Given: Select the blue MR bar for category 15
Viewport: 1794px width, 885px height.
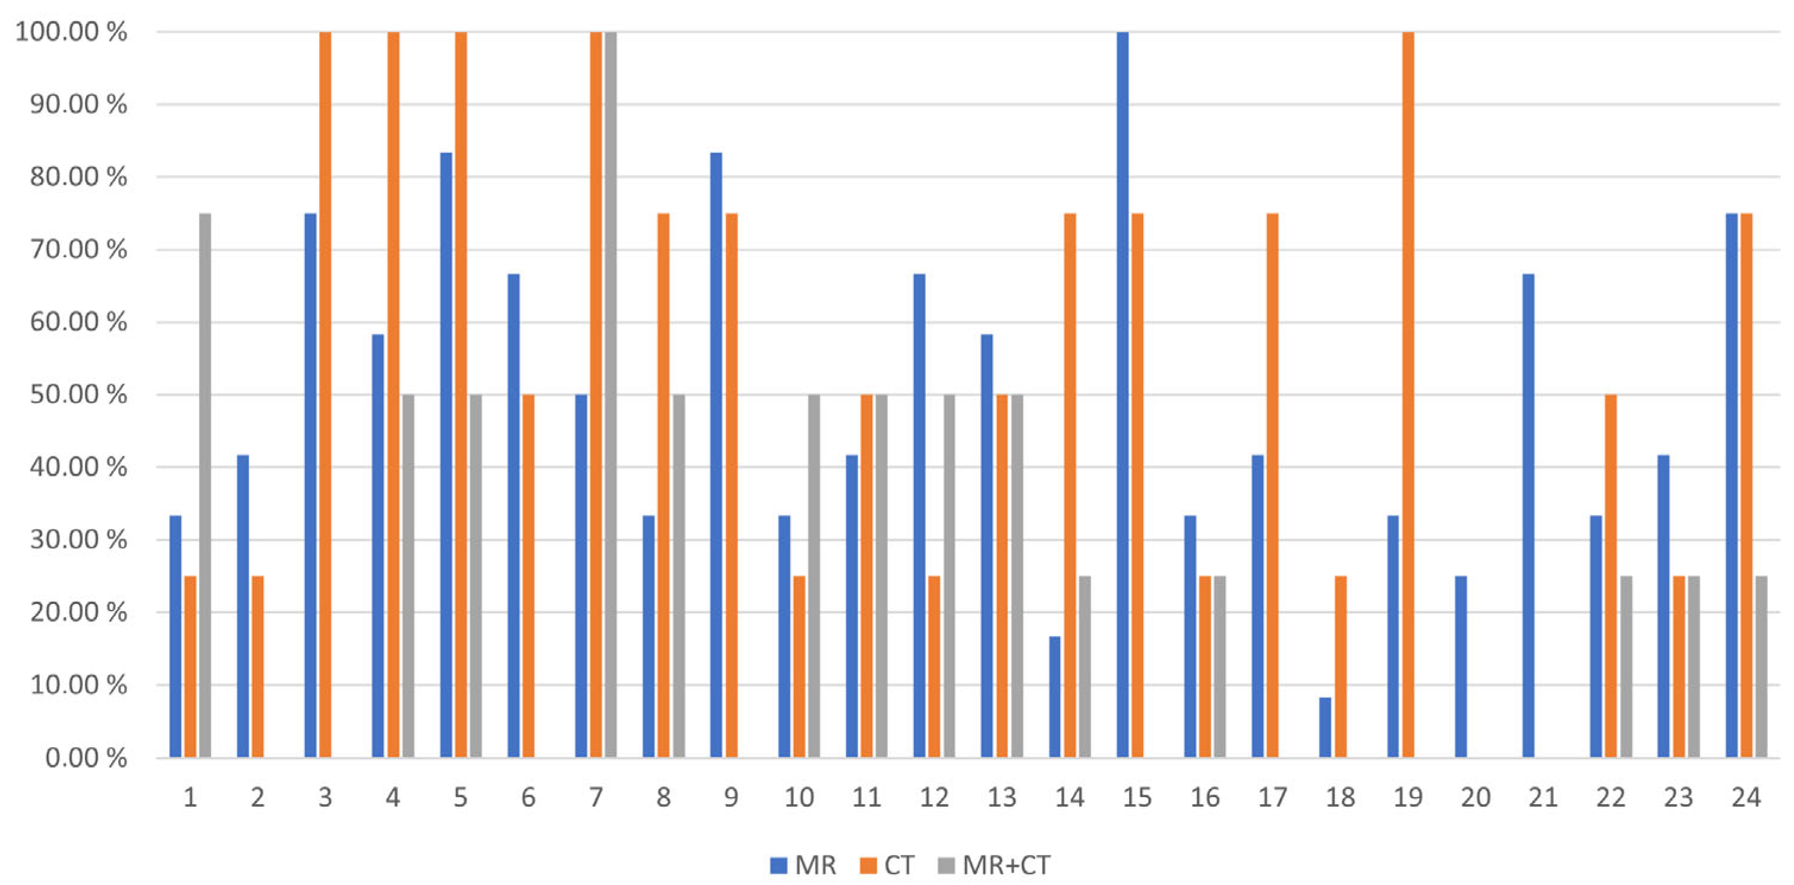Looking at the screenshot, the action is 1122,394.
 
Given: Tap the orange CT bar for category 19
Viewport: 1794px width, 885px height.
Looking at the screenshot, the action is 1408,394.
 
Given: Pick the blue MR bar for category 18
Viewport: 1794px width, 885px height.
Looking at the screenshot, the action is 1325,727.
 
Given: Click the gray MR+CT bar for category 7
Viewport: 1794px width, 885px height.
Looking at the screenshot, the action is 611,394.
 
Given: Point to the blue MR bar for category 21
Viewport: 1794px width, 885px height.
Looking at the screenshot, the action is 1528,516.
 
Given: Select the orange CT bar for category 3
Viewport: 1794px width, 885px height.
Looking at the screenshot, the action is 325,394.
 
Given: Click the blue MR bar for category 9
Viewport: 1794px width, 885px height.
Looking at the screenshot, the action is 716,455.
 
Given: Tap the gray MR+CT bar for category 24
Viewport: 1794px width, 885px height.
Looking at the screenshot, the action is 1761,666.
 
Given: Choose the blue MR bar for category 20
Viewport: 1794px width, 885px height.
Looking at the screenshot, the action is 1461,666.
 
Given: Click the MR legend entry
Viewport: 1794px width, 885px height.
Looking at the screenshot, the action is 803,865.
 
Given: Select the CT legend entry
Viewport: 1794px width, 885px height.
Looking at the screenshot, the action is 887,865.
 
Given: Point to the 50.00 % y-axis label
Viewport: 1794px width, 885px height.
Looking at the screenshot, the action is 78,394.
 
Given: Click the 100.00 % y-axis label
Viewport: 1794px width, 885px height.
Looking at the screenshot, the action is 71,31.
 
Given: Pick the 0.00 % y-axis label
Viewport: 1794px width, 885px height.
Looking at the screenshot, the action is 86,757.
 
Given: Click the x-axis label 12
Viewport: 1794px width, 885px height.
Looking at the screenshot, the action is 934,796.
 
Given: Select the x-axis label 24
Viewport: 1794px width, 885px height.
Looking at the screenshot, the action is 1746,796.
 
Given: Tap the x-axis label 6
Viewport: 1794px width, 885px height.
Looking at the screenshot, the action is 528,796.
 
